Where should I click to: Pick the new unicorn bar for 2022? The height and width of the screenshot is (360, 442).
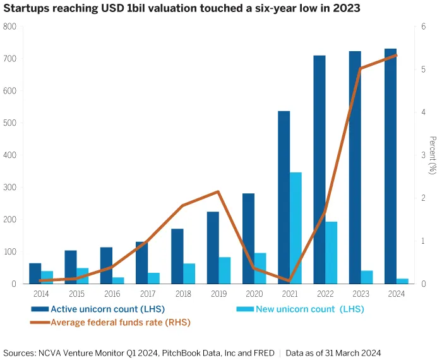click(331, 253)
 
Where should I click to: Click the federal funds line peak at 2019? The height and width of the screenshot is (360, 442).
click(218, 191)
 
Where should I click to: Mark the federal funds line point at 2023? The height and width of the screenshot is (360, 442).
click(360, 69)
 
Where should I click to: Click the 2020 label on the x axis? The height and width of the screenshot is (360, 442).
click(253, 294)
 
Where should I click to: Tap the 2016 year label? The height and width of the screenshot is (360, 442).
click(112, 294)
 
